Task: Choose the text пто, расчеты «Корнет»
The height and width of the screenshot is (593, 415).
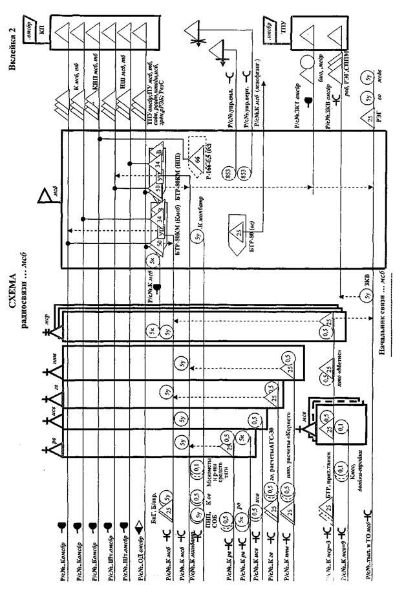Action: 288,438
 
